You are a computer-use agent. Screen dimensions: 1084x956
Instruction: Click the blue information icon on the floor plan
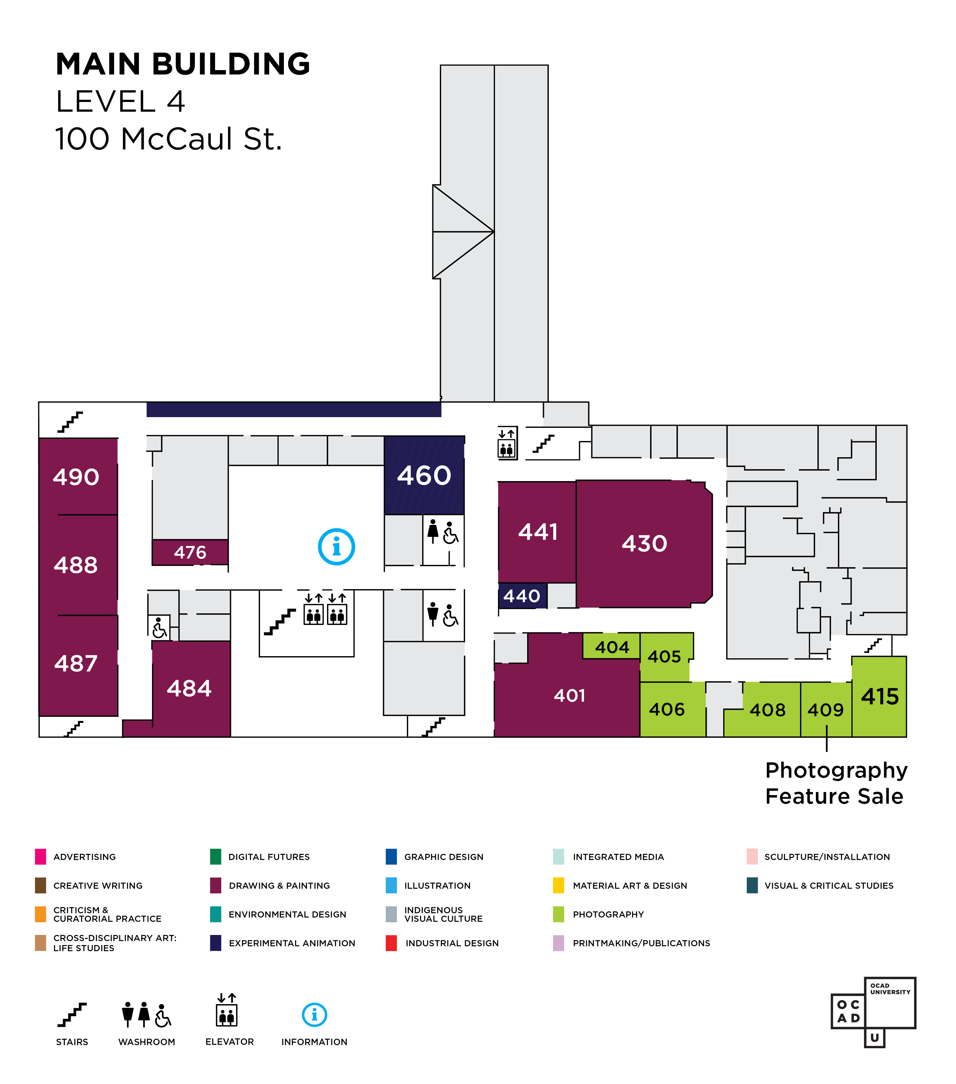[x=336, y=547]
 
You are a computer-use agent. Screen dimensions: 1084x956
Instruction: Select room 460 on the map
[x=424, y=475]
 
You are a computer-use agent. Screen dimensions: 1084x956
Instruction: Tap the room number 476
[x=190, y=553]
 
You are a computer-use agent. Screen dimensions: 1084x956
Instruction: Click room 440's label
[x=522, y=596]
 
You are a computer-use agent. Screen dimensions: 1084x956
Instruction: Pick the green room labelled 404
[x=612, y=647]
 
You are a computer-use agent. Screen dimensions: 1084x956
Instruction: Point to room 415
[x=880, y=696]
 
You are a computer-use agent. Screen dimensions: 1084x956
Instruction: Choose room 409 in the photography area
[x=826, y=710]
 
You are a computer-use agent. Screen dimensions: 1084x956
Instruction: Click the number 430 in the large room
[x=644, y=544]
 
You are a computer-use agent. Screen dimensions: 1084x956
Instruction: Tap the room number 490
[x=76, y=477]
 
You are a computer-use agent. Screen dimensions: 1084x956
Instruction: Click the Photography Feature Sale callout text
[x=836, y=783]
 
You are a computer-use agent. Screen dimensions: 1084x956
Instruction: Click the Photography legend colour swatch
[x=558, y=914]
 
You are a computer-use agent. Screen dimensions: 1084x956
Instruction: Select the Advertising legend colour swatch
[x=40, y=857]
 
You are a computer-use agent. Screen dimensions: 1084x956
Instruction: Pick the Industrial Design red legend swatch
[x=391, y=943]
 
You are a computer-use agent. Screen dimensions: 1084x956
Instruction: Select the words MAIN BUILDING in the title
[x=183, y=64]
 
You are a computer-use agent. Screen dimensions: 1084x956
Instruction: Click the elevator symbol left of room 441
[x=507, y=443]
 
